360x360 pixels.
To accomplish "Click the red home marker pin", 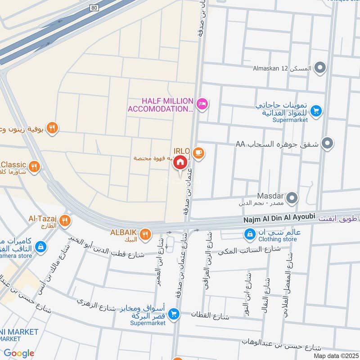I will coord(180,162).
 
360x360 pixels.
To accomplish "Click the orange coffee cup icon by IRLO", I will coord(199,153).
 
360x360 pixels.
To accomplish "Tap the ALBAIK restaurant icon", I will coord(145,234).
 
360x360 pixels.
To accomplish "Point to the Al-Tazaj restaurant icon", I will coord(65,220).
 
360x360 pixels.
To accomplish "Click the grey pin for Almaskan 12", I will coord(320,68).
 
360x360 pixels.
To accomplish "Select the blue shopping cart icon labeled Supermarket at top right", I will coord(316,109).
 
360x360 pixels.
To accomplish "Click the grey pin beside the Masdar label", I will coord(292,198).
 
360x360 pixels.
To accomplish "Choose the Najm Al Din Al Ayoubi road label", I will coord(279,217).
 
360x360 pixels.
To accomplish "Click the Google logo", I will coord(19,353).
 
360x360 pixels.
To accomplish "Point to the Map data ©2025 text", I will coord(336,355).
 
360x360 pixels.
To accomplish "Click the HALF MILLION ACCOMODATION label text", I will coord(161,105).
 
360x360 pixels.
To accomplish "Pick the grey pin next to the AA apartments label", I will coord(328,144).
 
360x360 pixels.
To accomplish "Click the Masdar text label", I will coord(270,196).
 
